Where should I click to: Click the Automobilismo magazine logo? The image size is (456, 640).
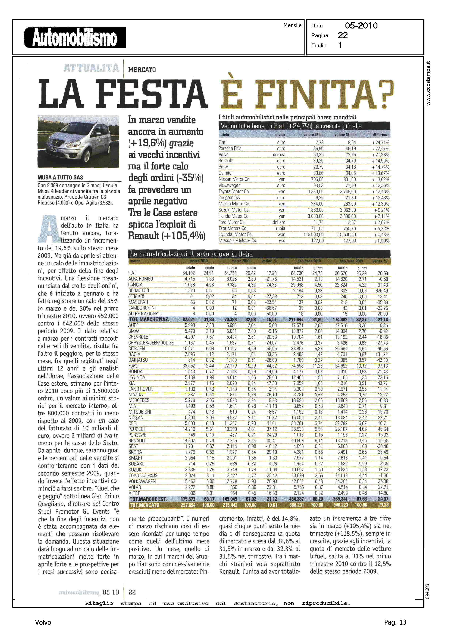coord(75,38)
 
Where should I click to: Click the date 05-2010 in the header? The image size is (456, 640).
coord(361,26)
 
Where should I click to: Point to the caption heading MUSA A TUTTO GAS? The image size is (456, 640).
coord(60,177)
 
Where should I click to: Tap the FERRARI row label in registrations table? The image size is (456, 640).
coord(136,296)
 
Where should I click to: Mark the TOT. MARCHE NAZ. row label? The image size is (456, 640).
coord(149,320)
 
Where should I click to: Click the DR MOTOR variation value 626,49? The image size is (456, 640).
coord(382,291)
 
